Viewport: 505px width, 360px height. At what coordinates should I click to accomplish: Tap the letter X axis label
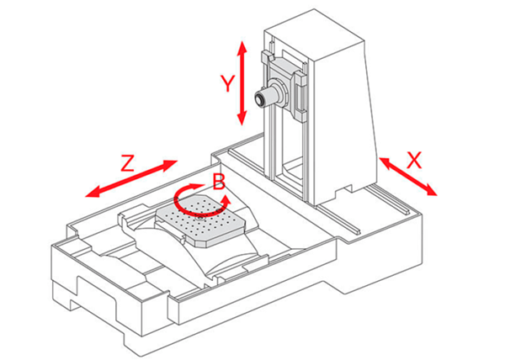(413, 160)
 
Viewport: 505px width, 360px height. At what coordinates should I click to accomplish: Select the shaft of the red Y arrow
(243, 82)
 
